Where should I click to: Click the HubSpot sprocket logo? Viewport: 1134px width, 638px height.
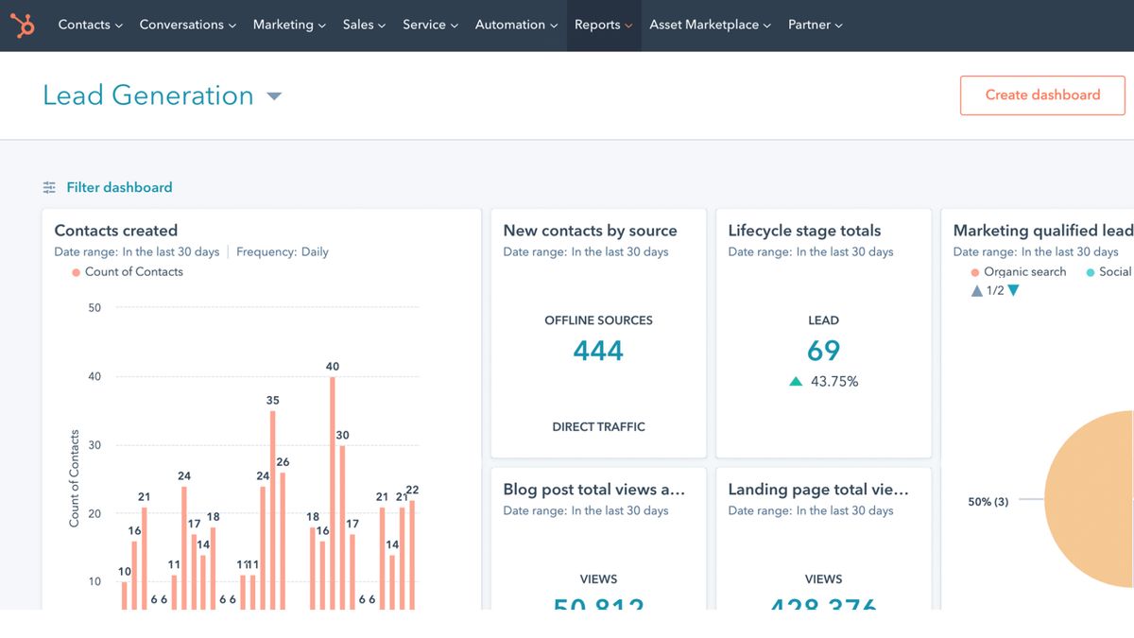tap(23, 26)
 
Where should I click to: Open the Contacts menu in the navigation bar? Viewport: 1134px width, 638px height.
tap(90, 26)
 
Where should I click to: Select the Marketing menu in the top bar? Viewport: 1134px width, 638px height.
tap(288, 26)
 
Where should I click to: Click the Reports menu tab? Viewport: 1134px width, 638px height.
tap(603, 26)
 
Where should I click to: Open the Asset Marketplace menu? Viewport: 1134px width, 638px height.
tap(710, 26)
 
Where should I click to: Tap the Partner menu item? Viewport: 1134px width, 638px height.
tap(815, 26)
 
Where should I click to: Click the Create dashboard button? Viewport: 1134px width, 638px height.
tap(1042, 95)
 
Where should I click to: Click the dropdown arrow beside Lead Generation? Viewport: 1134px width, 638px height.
tap(274, 96)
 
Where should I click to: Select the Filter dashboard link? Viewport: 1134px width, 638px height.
tap(118, 188)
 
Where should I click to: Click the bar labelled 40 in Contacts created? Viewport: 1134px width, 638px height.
tap(333, 491)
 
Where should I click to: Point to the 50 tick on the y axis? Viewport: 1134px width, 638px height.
tap(94, 308)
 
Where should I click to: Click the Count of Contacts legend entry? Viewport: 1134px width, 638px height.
tap(133, 272)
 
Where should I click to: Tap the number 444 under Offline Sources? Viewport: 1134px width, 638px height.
tap(598, 351)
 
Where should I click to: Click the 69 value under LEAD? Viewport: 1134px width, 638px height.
tap(823, 351)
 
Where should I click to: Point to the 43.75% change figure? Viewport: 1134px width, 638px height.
tap(833, 382)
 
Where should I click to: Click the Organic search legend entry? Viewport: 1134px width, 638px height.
tap(1023, 272)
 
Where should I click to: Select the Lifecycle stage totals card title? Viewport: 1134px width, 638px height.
tap(804, 231)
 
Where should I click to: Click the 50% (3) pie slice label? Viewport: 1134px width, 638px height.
tap(988, 502)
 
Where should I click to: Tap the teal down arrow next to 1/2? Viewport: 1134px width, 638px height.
tap(1014, 291)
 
